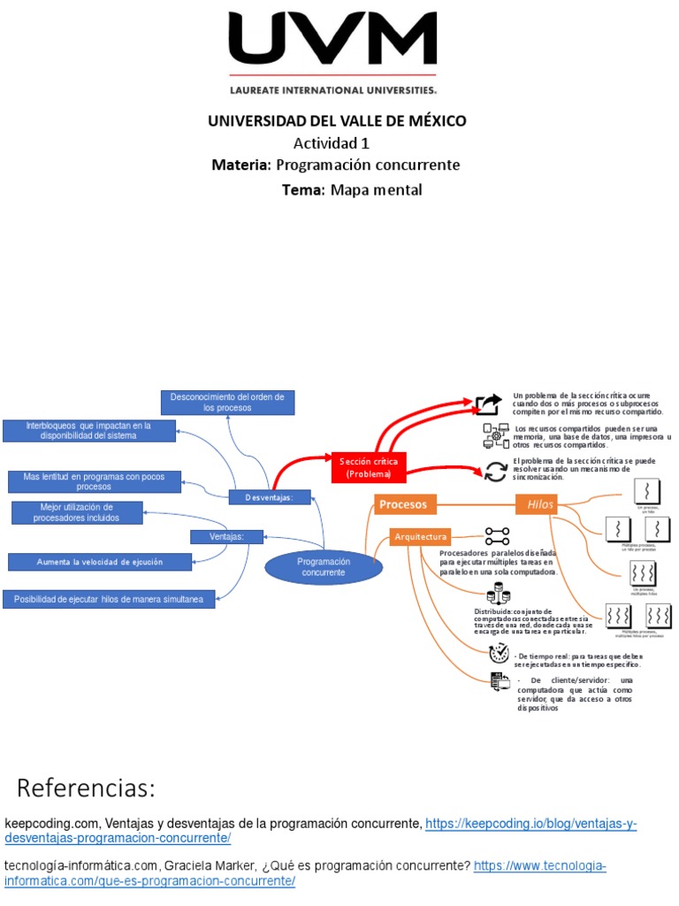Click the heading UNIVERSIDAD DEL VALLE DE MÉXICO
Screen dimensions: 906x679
point(337,121)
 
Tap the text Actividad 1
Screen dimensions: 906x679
point(332,143)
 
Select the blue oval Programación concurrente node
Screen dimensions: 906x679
point(324,566)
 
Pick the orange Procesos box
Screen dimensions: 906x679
point(404,504)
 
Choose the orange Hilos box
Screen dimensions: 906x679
point(539,504)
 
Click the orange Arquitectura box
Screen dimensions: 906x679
point(421,536)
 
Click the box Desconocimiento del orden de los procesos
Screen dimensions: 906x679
point(227,402)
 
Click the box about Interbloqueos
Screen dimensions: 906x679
point(88,431)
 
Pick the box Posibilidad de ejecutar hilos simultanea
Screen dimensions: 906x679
point(109,600)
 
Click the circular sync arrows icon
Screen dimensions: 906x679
point(497,471)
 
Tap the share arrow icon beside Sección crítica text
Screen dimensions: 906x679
point(487,404)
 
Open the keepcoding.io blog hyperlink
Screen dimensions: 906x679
point(530,824)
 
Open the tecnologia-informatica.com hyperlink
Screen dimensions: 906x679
point(540,865)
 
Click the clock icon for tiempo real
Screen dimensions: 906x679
point(499,653)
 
